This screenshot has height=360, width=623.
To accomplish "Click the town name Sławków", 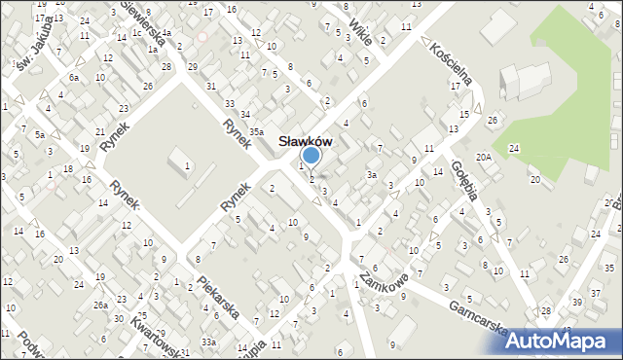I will point(307,140).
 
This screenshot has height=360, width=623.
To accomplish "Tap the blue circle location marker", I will point(311,155).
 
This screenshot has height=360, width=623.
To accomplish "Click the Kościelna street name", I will point(448,60).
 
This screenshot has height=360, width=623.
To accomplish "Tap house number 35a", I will point(255,131).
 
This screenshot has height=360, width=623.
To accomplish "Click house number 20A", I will point(483,157).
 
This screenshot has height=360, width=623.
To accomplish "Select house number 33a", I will point(208,342).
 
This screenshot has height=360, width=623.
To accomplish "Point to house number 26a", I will point(100,306).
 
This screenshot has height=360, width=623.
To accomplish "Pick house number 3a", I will point(371,175).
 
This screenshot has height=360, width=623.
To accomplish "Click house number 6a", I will point(74,77).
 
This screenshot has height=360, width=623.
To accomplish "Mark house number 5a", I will point(40,133).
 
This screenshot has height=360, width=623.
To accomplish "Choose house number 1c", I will point(137,33).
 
